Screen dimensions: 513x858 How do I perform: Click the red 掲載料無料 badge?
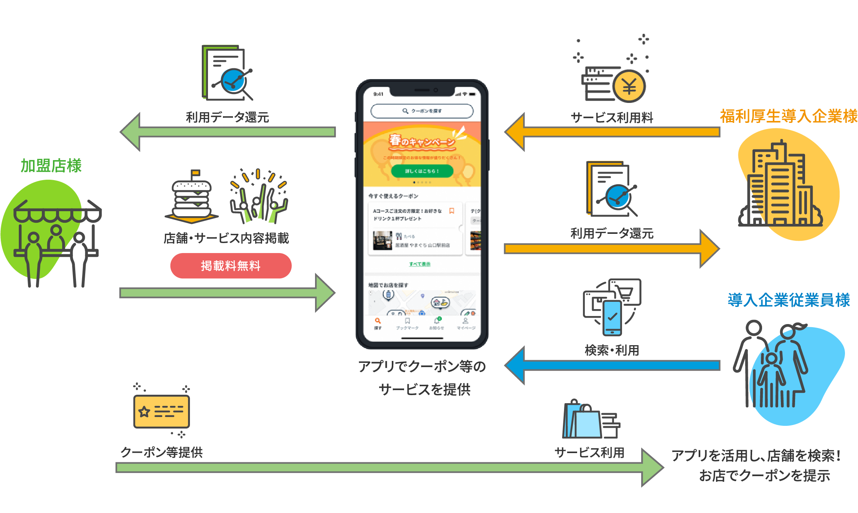pos(231,266)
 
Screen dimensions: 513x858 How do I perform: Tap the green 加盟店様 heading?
pos(51,166)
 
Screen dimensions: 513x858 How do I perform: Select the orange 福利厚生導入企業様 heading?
pos(789,116)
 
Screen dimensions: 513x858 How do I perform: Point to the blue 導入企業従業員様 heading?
pos(789,300)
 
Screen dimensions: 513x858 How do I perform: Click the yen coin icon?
pos(629,86)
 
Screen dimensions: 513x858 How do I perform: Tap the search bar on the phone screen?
pos(422,111)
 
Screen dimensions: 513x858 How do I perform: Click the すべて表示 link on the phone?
pos(419,264)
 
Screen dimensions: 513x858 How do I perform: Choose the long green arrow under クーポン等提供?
pos(384,468)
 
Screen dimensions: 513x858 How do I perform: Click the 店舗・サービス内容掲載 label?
pos(226,238)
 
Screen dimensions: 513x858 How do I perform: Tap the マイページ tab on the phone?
pos(465,324)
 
